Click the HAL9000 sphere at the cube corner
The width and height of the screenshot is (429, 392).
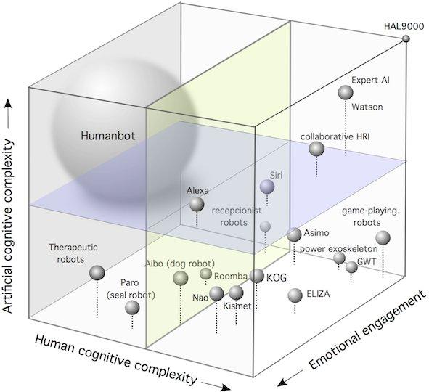[x=406, y=39]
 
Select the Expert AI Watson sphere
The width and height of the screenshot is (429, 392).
[x=346, y=92]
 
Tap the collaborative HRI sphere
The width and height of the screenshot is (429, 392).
[x=316, y=149]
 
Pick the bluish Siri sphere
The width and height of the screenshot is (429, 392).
[x=267, y=187]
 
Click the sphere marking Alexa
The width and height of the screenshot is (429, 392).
[x=197, y=204]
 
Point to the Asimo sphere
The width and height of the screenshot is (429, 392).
[x=294, y=234]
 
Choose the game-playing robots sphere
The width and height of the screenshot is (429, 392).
[x=383, y=238]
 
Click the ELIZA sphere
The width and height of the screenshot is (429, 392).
[x=295, y=295]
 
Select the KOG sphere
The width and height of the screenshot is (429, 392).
[x=257, y=276]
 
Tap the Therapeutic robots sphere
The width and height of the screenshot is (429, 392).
[x=97, y=273]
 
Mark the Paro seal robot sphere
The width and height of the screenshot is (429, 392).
[x=132, y=308]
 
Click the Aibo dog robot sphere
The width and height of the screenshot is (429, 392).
[x=181, y=278]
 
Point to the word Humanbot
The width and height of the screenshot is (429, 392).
[x=108, y=136]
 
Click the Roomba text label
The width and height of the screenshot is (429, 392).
[x=231, y=277]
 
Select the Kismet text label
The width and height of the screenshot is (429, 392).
[x=237, y=306]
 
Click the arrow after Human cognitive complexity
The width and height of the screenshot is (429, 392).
[x=216, y=385]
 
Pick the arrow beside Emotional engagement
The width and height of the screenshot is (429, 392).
[x=290, y=378]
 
